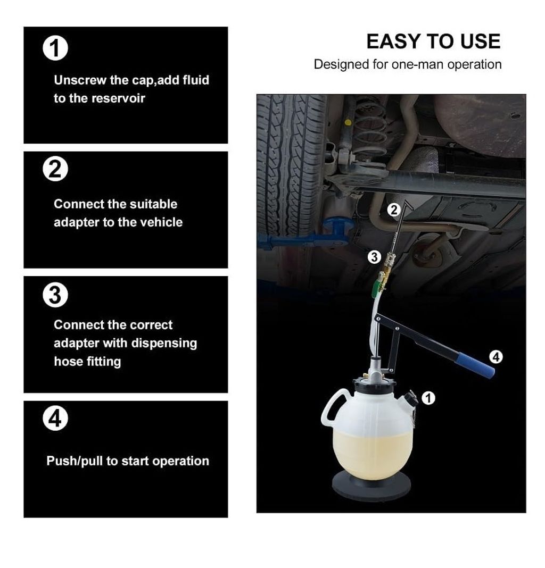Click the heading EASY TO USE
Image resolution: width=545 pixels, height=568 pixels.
click(433, 41)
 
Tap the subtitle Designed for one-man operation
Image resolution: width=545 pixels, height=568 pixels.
click(408, 64)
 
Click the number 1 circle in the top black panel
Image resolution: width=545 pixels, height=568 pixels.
click(55, 48)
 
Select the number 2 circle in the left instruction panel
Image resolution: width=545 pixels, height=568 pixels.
click(55, 169)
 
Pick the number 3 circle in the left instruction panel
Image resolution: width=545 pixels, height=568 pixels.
click(55, 295)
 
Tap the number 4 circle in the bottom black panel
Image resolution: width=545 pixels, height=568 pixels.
click(55, 419)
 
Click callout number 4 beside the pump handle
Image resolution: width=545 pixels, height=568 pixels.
click(496, 357)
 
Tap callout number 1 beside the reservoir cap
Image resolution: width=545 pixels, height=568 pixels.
click(428, 398)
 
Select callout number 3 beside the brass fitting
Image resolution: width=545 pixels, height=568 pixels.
click(374, 257)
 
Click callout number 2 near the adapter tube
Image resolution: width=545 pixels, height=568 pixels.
click(393, 210)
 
